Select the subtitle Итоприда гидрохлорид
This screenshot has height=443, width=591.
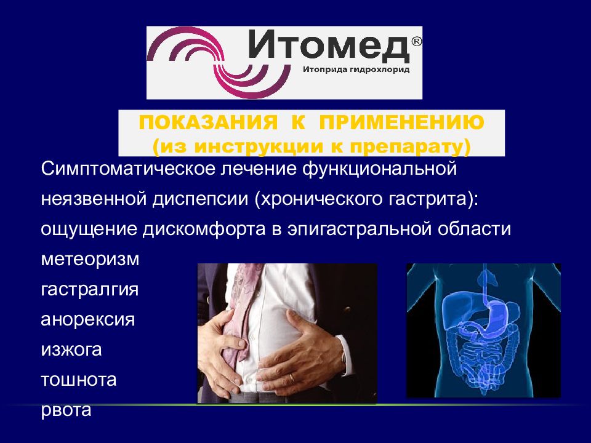(x=356, y=70)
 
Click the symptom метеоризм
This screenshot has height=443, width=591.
(x=90, y=259)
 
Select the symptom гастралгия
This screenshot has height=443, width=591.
(x=90, y=289)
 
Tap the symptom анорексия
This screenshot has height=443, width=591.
(x=87, y=319)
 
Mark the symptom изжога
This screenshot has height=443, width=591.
(x=71, y=349)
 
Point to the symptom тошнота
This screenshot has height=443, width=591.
(x=78, y=380)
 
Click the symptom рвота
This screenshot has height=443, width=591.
(x=66, y=410)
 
